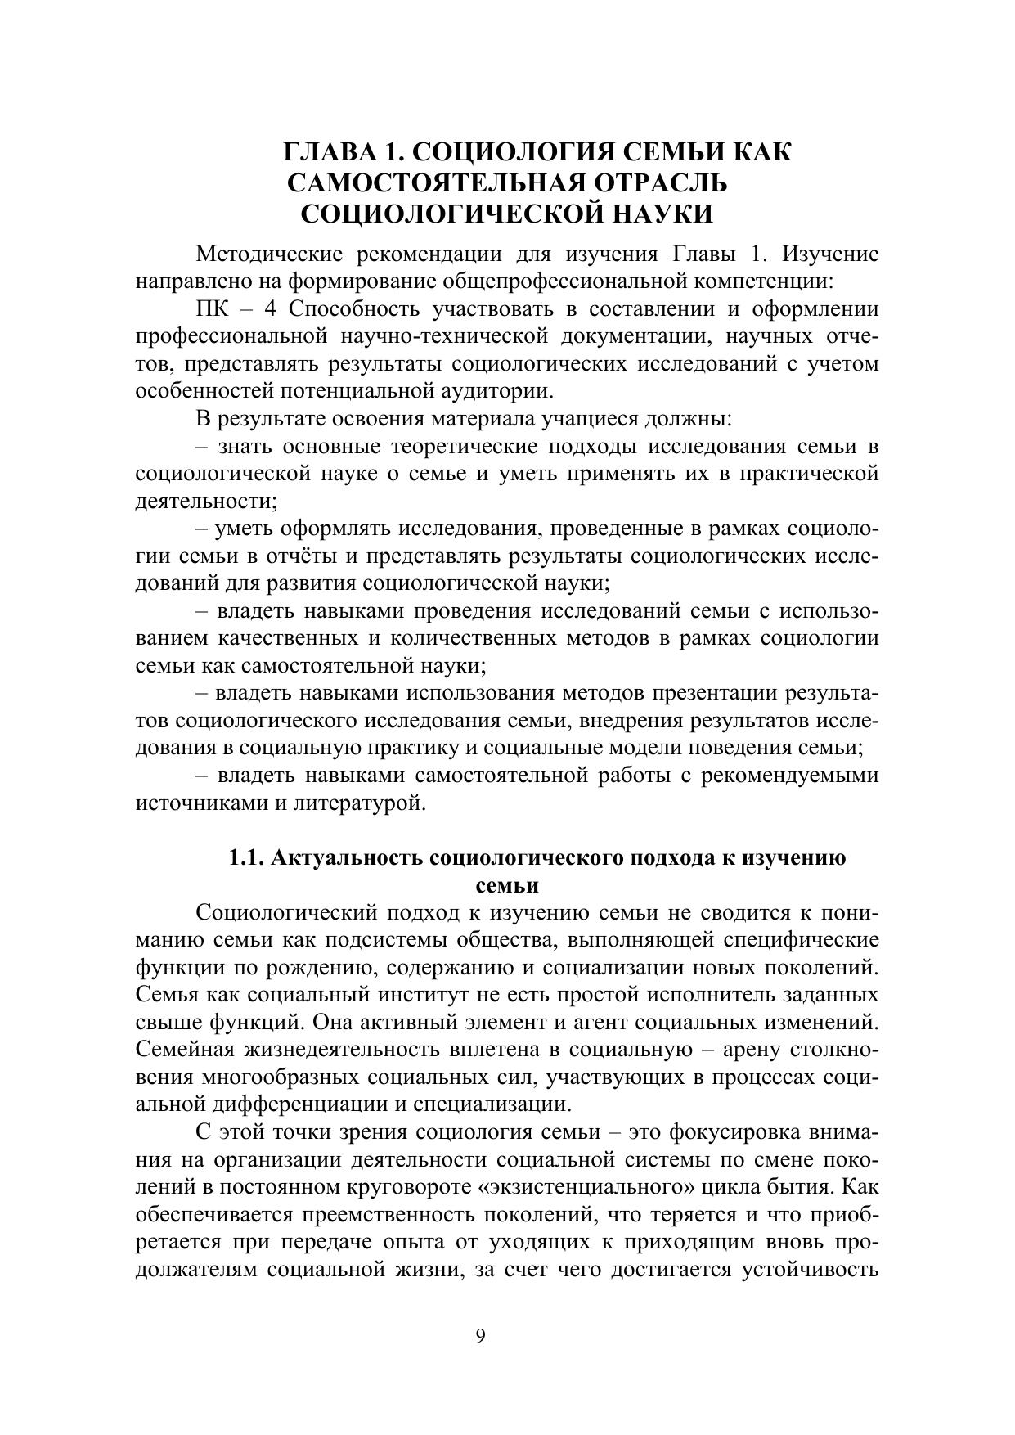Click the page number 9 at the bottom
(x=480, y=1336)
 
